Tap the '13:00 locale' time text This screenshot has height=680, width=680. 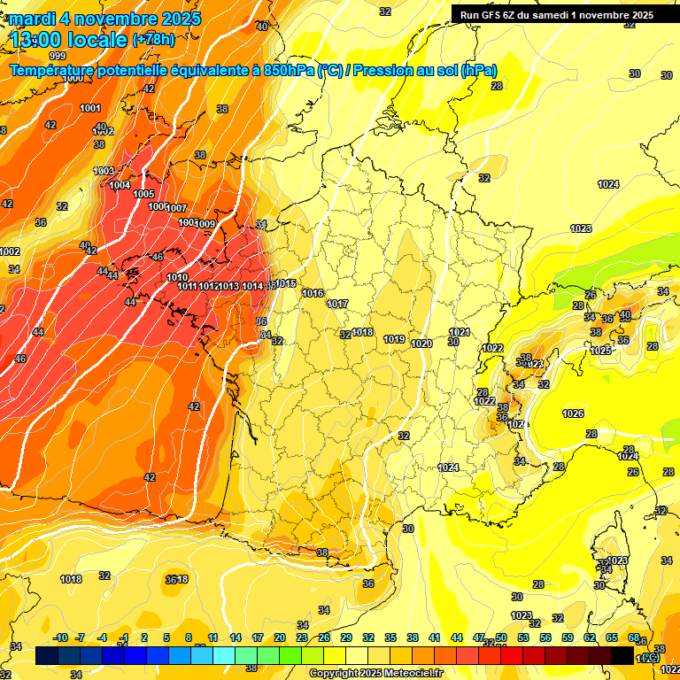click(x=68, y=39)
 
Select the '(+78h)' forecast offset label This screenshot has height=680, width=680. click(x=153, y=39)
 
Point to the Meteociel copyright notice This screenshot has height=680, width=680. click(x=375, y=673)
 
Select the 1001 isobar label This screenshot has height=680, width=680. click(x=89, y=108)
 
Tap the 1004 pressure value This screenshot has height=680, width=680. click(x=120, y=185)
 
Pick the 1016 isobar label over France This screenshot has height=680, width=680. click(x=313, y=293)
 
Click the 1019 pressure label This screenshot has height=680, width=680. click(x=395, y=339)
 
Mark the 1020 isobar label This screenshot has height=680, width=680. click(x=421, y=344)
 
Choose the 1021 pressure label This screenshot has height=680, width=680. click(x=459, y=332)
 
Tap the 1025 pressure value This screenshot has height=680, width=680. click(x=600, y=351)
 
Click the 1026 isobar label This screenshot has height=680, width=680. click(x=573, y=413)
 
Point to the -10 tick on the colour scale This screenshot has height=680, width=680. click(x=61, y=637)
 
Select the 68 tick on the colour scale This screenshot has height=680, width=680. click(x=634, y=637)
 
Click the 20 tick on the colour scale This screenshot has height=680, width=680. click(x=280, y=637)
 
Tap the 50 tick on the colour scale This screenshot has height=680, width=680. click(x=501, y=637)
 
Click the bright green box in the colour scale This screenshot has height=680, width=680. click(x=268, y=655)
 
